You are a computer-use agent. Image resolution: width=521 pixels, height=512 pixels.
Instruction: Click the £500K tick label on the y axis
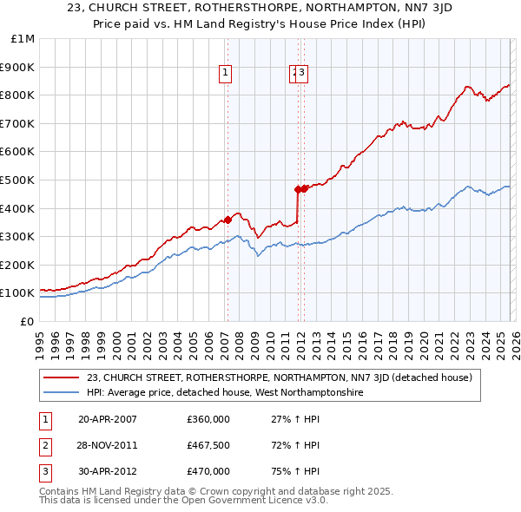(x=17, y=180)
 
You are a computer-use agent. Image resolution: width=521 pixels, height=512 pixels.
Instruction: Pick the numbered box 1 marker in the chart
(x=225, y=74)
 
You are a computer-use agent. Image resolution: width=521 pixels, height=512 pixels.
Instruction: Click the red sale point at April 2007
(x=228, y=220)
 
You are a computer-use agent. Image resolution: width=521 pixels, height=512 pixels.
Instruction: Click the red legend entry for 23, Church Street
(x=278, y=377)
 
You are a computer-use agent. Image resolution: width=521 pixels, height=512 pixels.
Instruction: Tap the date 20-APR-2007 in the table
(x=108, y=418)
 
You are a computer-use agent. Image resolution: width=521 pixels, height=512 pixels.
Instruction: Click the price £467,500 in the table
(x=208, y=445)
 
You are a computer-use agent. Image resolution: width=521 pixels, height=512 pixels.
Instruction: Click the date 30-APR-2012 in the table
(x=108, y=471)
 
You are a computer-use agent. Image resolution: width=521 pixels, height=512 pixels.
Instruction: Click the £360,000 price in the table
(x=208, y=418)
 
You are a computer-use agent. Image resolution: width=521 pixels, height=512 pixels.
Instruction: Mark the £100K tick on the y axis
(x=17, y=293)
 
